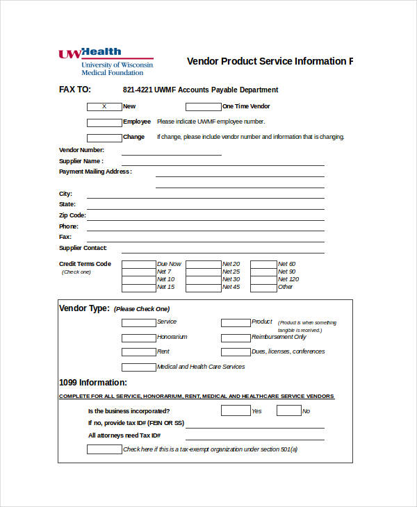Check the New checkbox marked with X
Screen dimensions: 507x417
(104, 106)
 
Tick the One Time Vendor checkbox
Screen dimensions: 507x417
(203, 106)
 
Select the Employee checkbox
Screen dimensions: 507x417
(104, 122)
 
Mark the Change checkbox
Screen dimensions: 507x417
(104, 137)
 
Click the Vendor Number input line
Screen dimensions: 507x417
(172, 152)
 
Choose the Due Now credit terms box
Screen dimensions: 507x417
(138, 264)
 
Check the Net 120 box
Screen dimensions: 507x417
(263, 279)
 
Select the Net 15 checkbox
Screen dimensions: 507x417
(138, 287)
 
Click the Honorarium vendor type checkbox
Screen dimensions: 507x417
(138, 338)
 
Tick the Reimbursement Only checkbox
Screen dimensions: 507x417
(235, 338)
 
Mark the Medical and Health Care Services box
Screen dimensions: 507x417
(138, 367)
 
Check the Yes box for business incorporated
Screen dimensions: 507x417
(235, 410)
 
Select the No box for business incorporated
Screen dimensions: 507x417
(288, 410)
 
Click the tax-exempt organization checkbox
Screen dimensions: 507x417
(104, 449)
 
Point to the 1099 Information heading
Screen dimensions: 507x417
(93, 382)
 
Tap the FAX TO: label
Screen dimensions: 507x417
(75, 90)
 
